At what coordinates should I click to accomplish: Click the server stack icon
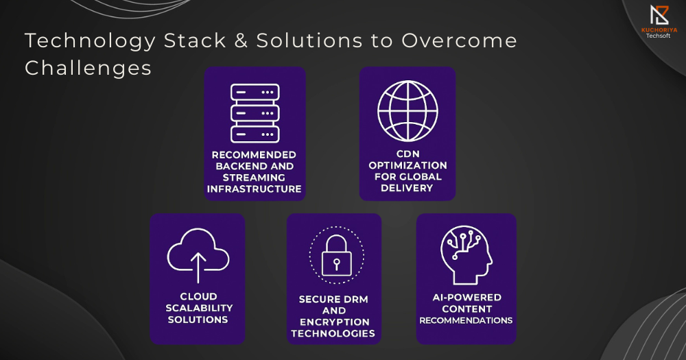click(x=255, y=113)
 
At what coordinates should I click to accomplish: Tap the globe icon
click(x=407, y=111)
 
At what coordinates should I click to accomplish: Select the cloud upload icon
click(x=198, y=255)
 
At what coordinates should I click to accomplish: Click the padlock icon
click(x=336, y=256)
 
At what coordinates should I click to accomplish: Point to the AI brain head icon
click(x=466, y=255)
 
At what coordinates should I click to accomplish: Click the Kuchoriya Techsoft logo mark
click(x=659, y=15)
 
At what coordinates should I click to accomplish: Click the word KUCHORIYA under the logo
click(x=659, y=30)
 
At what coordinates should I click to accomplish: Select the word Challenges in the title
click(x=88, y=69)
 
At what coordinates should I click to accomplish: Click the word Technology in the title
click(x=91, y=41)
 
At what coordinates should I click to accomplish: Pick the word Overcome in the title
click(x=460, y=40)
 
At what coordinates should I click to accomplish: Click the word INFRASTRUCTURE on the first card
click(x=255, y=189)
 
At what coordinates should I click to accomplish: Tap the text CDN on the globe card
click(x=407, y=154)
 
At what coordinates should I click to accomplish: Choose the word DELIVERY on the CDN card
click(x=407, y=188)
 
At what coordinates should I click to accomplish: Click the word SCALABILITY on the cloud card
click(x=199, y=308)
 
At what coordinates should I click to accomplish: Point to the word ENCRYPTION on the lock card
click(x=335, y=322)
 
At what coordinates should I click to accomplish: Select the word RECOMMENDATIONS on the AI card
click(x=466, y=320)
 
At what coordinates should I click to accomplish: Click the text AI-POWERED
click(x=466, y=298)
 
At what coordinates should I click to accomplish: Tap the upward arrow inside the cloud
click(x=198, y=267)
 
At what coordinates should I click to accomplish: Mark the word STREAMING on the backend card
click(x=254, y=178)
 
